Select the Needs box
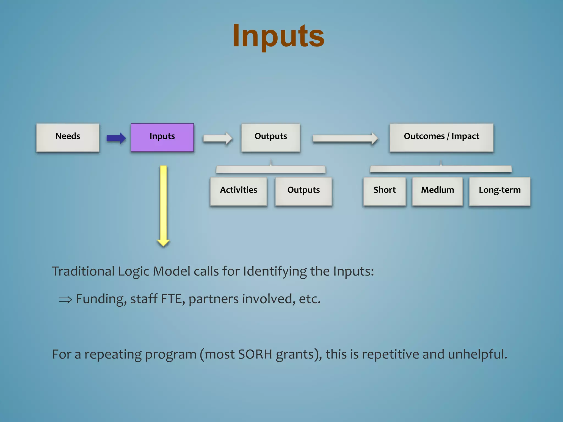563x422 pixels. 68,137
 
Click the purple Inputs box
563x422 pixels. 162,137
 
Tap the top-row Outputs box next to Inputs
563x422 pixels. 271,137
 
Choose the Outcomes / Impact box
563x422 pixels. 441,137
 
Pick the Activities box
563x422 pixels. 238,191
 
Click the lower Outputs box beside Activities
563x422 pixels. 303,191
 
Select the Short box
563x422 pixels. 384,191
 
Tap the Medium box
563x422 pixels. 437,191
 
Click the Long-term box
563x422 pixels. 499,191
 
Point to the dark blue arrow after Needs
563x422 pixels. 116,138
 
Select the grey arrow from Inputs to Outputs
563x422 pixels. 217,138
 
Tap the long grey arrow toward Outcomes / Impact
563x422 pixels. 345,138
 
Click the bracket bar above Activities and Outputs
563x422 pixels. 271,170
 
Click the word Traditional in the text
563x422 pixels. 83,271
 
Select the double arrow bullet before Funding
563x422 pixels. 65,299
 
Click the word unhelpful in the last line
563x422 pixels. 477,354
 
